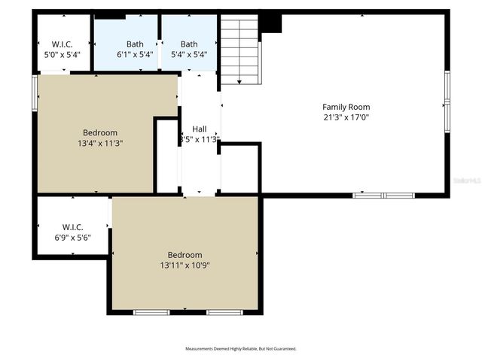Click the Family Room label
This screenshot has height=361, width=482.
346,107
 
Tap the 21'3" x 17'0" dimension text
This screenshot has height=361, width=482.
346,117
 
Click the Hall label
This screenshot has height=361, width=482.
199,129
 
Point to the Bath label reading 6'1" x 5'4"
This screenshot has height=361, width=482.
136,44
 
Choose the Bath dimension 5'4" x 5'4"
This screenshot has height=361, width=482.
189,55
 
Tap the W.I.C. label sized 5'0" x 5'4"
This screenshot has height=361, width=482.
61,44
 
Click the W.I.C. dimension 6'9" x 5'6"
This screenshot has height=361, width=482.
72,238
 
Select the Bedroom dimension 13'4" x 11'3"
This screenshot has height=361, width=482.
100,143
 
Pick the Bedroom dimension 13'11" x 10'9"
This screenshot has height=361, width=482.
185,265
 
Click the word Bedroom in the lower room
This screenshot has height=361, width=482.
185,255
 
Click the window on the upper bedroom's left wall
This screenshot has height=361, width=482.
35,96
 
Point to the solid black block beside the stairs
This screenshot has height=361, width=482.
270,23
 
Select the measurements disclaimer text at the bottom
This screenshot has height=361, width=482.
241,349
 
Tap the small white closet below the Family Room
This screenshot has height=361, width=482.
239,169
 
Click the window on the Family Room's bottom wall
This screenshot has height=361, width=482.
384,196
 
